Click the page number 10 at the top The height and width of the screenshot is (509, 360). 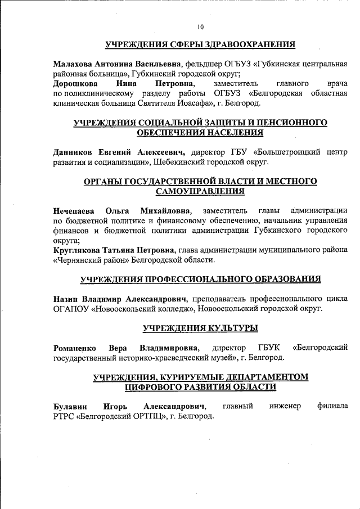coord(200,27)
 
